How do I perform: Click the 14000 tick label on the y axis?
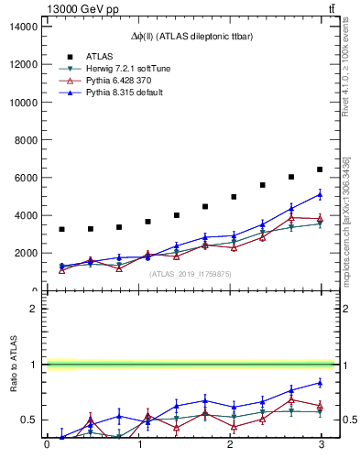(22, 27)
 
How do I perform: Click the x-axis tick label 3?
(321, 445)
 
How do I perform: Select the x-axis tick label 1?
(137, 445)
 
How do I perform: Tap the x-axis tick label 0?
(47, 445)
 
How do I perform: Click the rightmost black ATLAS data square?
(320, 169)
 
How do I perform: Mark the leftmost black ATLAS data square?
(61, 229)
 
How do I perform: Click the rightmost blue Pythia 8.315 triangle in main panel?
(320, 194)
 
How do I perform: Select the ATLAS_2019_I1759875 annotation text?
(191, 272)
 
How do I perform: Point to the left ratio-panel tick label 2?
(34, 309)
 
